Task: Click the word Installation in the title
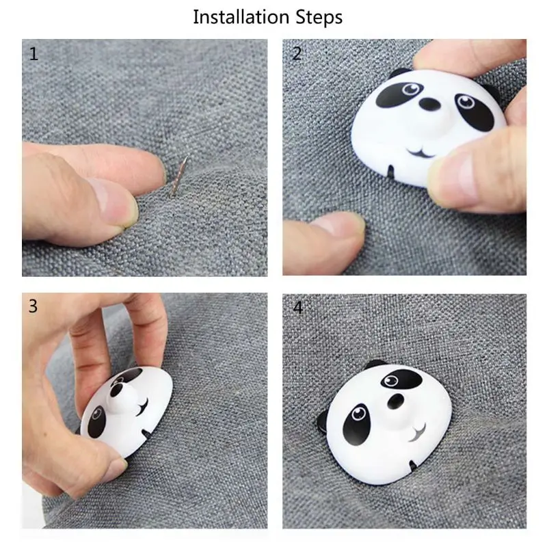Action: pos(241,17)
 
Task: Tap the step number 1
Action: pos(34,54)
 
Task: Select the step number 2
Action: pos(297,54)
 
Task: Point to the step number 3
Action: pos(33,306)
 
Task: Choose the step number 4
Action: pos(297,308)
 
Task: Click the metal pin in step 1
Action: pos(178,176)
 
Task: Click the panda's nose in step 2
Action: pos(429,104)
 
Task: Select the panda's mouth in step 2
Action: pos(421,152)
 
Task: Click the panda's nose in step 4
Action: pos(396,401)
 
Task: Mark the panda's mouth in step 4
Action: pos(418,433)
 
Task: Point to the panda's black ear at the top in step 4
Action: pos(375,364)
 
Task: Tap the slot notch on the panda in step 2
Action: pos(390,171)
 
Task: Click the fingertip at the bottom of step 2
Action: pos(342,227)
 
